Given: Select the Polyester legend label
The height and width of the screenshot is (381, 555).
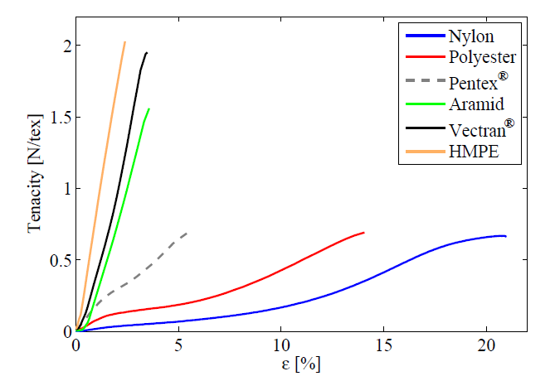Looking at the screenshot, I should point(483,58).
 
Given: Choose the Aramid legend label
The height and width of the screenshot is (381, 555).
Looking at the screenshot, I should point(476,104).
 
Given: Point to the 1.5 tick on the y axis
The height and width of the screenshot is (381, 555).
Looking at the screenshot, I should point(60,117).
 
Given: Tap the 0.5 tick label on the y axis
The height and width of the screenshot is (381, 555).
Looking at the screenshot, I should point(60,260).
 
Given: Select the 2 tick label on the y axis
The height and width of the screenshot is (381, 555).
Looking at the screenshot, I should point(66,46).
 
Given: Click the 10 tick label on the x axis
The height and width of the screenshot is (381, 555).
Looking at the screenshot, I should point(281,345).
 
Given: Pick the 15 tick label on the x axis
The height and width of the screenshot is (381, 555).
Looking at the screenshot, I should point(384,345).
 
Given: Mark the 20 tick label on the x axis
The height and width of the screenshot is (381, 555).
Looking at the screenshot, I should point(487,345).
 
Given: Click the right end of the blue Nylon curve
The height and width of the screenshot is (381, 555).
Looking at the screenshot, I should point(505,236).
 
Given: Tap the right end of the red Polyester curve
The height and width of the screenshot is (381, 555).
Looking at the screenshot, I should point(364,233).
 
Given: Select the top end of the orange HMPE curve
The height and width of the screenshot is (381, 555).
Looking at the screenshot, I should point(124,41).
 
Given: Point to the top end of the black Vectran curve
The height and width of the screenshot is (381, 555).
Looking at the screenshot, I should point(147,53).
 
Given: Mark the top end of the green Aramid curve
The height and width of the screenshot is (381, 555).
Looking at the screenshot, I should point(148,109).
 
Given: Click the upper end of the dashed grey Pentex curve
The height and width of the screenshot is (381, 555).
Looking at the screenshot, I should point(186,234).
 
